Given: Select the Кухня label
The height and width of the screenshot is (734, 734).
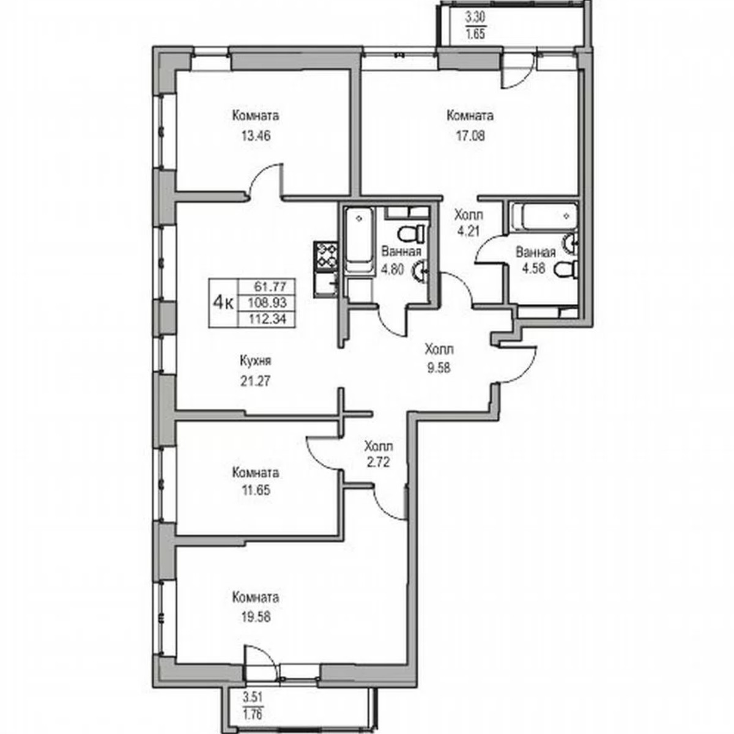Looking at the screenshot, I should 256,361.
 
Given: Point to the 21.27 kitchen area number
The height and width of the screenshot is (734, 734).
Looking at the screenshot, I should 255,380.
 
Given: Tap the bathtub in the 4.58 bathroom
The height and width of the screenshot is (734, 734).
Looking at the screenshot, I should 542,217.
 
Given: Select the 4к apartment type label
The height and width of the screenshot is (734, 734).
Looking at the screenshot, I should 222,302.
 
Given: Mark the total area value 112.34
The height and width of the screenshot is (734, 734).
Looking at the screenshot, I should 270,317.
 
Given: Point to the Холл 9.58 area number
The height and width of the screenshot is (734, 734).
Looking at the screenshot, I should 439,368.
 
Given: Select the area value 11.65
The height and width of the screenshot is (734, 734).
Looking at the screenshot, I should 255,491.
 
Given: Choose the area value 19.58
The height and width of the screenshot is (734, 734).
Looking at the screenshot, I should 255,616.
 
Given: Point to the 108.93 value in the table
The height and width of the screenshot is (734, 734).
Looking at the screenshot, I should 270,302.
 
